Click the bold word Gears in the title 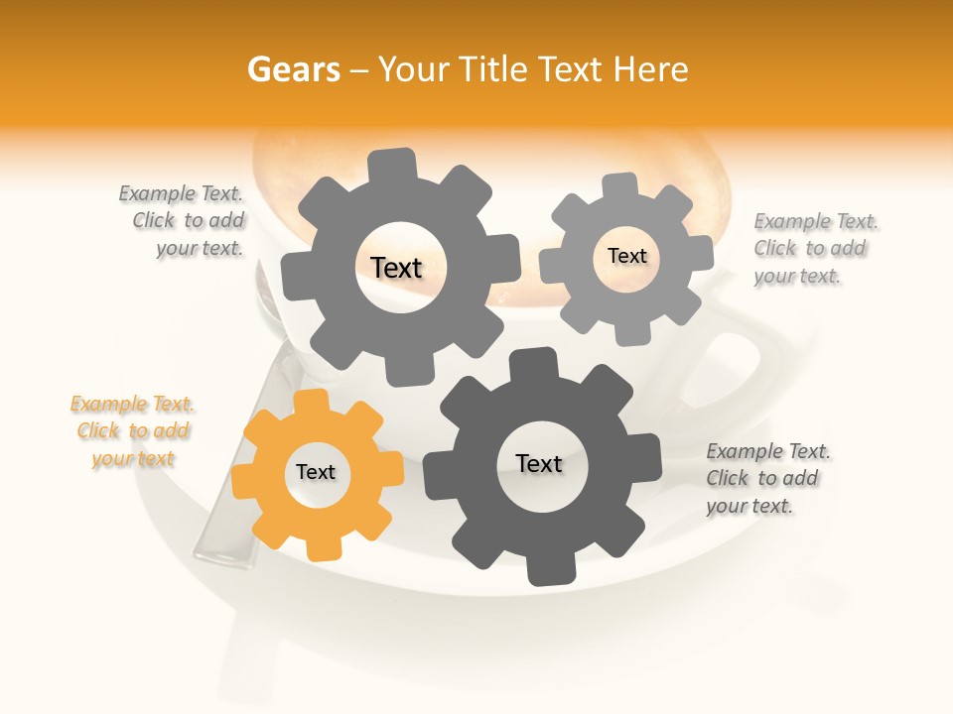click(292, 70)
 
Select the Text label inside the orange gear click(316, 473)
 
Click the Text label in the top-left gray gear click(396, 268)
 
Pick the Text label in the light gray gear click(626, 256)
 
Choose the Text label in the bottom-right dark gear click(539, 464)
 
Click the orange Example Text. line click(132, 405)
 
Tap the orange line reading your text click(133, 459)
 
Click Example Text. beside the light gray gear click(816, 221)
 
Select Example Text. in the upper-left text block click(181, 193)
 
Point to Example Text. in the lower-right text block click(768, 451)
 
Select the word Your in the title click(416, 70)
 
